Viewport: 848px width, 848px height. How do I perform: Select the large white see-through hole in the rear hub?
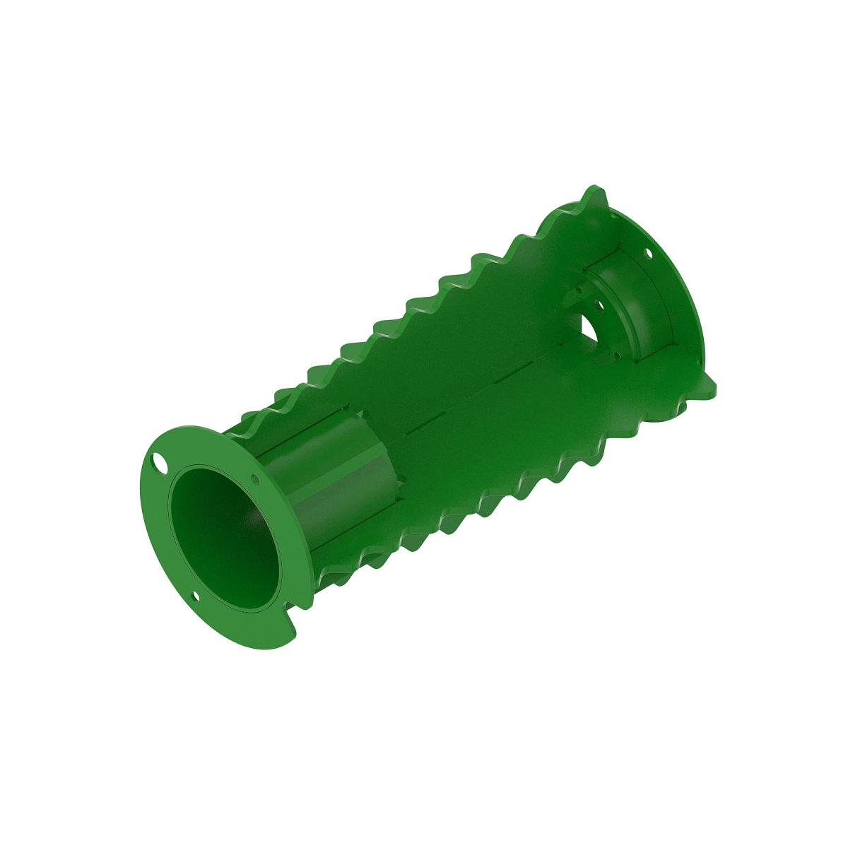tap(589, 326)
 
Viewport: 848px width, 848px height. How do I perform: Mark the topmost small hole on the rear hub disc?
tap(579, 289)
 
